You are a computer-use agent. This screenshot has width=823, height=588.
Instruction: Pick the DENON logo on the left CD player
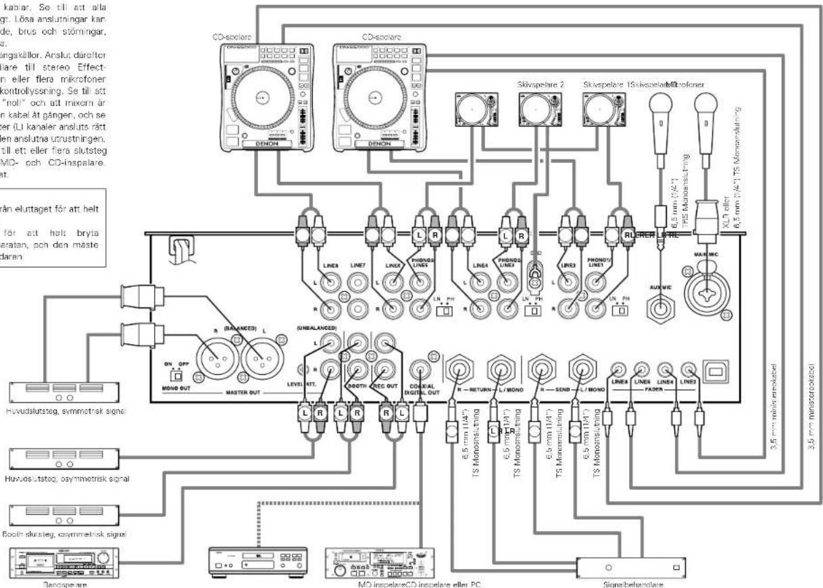point(253,144)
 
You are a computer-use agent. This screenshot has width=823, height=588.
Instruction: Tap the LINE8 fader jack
point(618,370)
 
